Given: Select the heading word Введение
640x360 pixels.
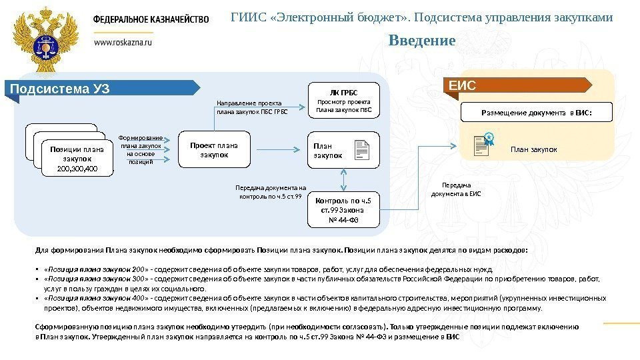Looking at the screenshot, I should pyautogui.click(x=422, y=41).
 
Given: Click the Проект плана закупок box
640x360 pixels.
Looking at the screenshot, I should pyautogui.click(x=213, y=150).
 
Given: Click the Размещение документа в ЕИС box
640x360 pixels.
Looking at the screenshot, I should pyautogui.click(x=536, y=113).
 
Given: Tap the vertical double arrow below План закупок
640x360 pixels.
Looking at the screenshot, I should pyautogui.click(x=343, y=180).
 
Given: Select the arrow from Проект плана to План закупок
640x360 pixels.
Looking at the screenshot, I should pyautogui.click(x=275, y=150).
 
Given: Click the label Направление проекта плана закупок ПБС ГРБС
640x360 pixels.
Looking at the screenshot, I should pyautogui.click(x=252, y=107).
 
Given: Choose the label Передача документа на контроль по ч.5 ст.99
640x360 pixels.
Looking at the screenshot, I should pyautogui.click(x=271, y=193).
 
